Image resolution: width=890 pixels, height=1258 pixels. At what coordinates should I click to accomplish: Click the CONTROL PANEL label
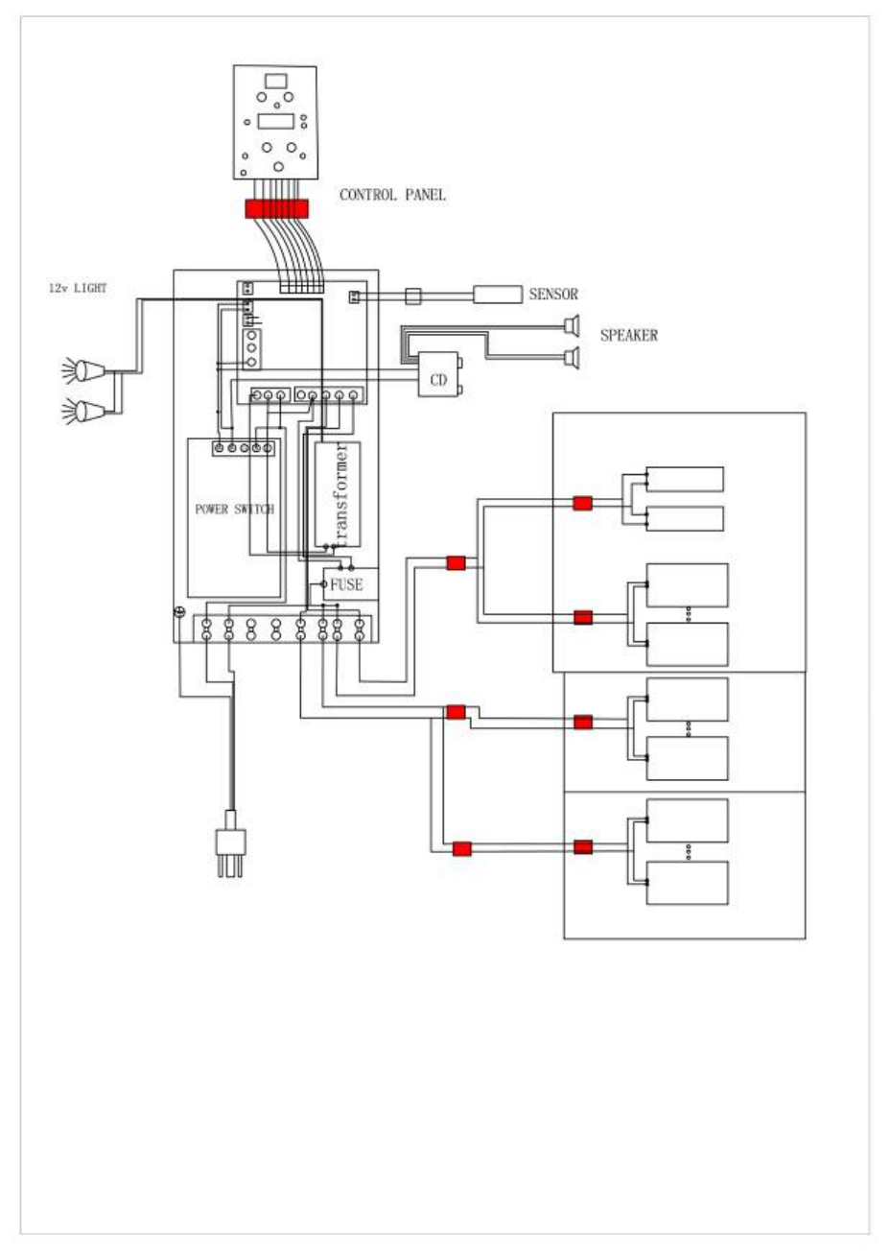[392, 195]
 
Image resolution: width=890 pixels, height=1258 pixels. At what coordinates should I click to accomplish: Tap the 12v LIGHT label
[78, 288]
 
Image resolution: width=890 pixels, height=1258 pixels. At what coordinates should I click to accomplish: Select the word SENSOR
[553, 294]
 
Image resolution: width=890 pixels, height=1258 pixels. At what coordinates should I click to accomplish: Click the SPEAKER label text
[628, 335]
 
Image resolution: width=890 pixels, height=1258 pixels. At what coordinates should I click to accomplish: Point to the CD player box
[439, 374]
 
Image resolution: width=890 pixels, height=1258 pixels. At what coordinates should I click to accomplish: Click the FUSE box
[350, 584]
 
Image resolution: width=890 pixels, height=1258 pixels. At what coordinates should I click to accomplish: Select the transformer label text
[341, 494]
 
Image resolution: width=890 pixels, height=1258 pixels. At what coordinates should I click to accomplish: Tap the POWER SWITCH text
[235, 510]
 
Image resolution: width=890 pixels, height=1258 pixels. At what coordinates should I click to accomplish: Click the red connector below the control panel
[276, 208]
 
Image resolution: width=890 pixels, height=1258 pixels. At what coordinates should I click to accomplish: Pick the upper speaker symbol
[572, 326]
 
